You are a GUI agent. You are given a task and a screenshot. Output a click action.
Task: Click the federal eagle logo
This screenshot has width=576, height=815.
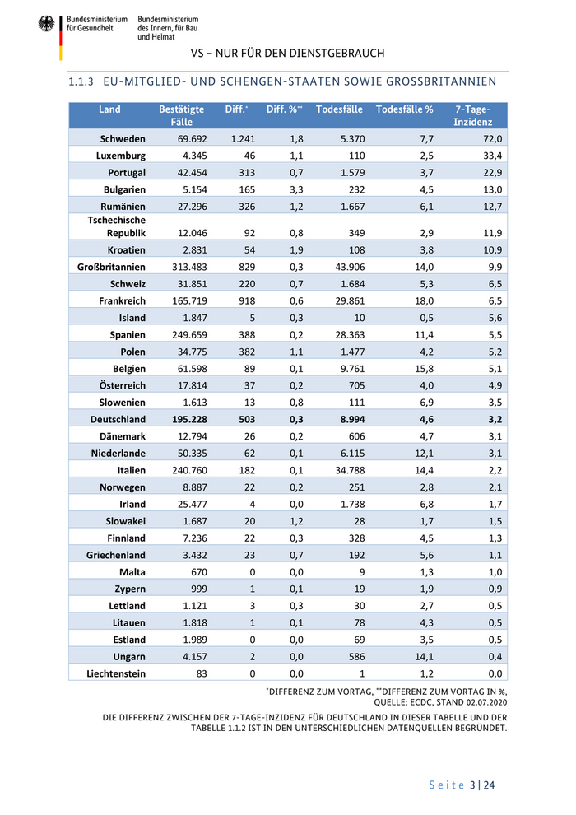click(46, 25)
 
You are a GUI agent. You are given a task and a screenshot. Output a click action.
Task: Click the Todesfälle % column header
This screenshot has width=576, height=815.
click(404, 109)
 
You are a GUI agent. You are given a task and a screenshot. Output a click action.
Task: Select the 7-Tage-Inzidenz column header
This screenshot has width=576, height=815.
click(472, 115)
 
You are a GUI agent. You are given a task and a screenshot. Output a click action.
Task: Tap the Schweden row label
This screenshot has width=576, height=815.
click(123, 139)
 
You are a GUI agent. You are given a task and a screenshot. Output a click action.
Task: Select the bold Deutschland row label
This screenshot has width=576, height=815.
click(118, 419)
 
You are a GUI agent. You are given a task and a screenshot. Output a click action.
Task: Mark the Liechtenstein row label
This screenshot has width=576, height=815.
click(116, 673)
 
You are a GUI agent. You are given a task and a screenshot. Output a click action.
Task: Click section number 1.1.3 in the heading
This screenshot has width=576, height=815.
click(82, 81)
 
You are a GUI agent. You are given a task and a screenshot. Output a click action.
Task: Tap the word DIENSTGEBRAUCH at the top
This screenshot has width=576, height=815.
click(338, 53)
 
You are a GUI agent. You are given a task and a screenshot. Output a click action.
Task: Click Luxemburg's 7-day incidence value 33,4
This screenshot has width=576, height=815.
click(492, 156)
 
